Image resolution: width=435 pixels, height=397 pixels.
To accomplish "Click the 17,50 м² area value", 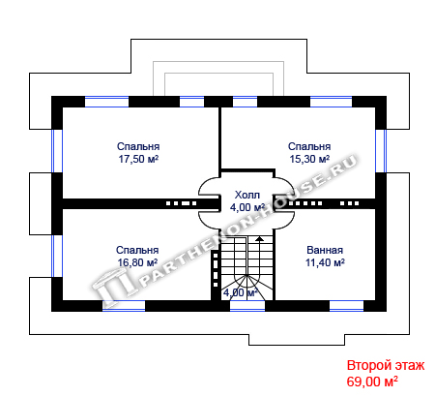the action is coord(138,159).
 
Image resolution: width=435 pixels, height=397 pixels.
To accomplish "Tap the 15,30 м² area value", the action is coord(309,159).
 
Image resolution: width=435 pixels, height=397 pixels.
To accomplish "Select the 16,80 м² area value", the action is coord(137,262).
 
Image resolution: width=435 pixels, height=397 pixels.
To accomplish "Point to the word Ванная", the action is coord(325,250).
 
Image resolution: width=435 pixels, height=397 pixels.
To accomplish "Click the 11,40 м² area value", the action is coord(325,262).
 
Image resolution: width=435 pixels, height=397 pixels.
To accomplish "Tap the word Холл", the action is coord(247,195).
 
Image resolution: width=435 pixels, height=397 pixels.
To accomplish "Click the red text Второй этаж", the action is coord(386,366).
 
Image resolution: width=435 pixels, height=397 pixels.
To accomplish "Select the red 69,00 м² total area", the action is coord(372,382).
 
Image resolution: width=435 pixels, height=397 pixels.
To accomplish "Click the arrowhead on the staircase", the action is coord(259,238).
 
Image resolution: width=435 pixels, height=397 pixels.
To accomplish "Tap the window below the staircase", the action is coord(247,306).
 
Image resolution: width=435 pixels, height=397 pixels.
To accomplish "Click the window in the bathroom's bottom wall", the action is coord(346,306).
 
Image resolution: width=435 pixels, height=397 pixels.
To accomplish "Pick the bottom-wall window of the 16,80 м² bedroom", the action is coord(124,306).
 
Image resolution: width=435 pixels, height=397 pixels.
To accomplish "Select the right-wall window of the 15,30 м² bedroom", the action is coord(381,151).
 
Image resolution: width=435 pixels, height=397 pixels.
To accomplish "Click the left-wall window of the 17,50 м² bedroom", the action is coord(57,151).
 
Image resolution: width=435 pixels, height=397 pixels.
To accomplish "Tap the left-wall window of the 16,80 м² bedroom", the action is coord(57,256).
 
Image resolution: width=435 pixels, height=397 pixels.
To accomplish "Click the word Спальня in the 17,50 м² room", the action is coord(138,146).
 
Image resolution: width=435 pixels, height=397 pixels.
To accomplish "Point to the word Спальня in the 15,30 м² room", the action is coord(309,146).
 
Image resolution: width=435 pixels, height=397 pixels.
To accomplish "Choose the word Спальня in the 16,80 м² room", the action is coord(137,250).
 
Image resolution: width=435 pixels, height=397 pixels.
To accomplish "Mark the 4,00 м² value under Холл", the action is coord(247,207).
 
